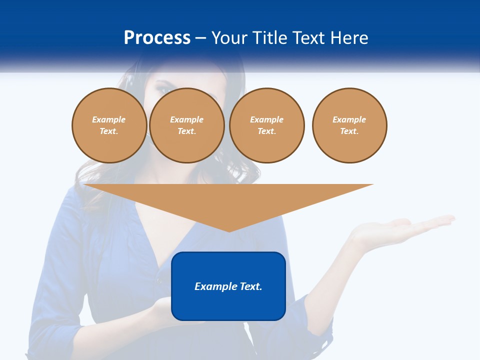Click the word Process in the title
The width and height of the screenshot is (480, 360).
click(157, 38)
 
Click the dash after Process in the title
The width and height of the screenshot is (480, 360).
click(200, 39)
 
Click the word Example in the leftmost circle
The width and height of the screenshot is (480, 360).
click(109, 119)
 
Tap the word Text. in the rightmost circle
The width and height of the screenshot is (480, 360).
click(349, 131)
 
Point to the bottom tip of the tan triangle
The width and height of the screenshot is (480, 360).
click(228, 230)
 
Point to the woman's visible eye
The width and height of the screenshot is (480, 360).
click(164, 90)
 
